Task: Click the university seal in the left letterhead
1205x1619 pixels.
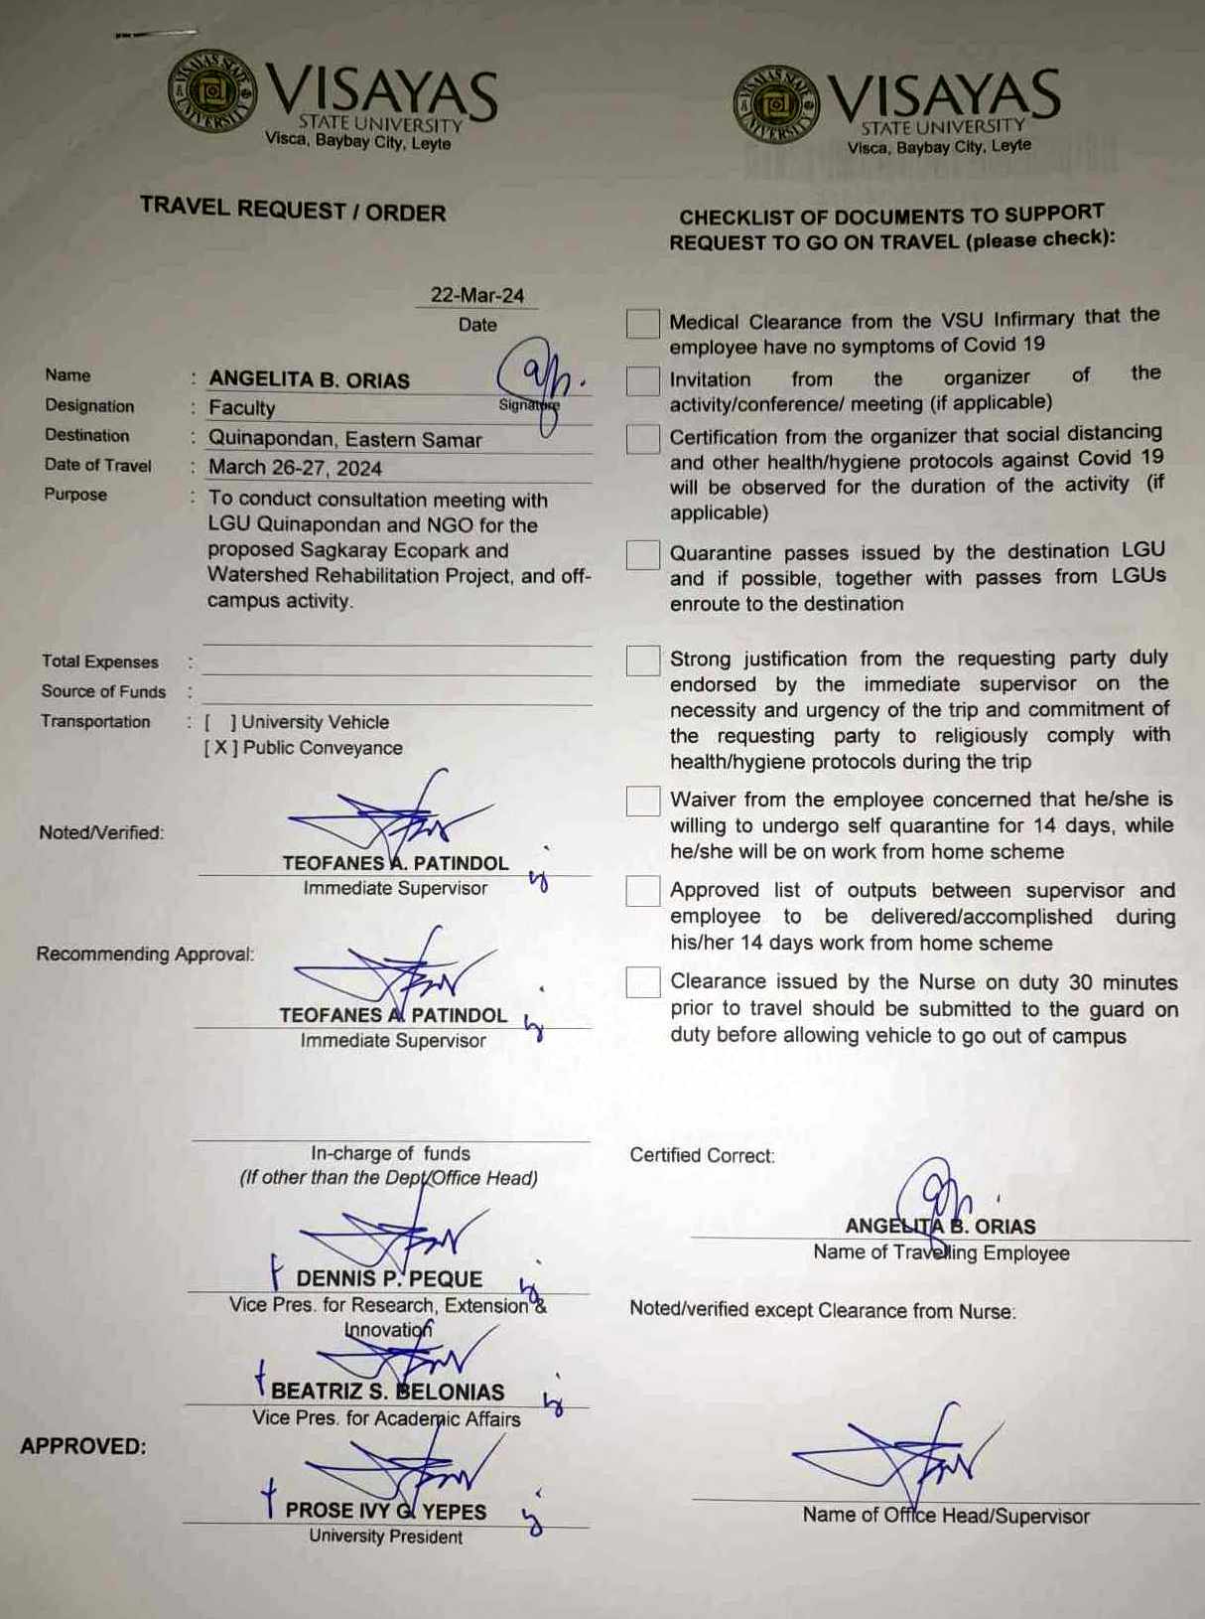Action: (x=210, y=92)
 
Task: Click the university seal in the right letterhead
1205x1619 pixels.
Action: (x=776, y=103)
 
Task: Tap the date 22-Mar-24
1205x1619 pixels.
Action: (x=476, y=295)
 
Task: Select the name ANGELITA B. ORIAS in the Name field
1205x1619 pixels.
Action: (x=309, y=380)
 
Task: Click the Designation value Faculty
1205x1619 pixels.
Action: (x=241, y=408)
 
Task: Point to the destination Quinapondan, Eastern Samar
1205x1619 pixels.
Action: (x=344, y=439)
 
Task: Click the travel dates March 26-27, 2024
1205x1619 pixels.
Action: (x=295, y=468)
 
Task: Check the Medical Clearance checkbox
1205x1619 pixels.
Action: (x=642, y=324)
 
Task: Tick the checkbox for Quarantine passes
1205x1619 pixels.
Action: (x=642, y=555)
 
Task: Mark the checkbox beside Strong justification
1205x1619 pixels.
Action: (x=642, y=661)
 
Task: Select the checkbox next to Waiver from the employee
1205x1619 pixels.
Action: (x=642, y=801)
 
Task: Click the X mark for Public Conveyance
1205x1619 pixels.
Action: (x=220, y=748)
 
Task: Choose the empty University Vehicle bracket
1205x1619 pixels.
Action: (x=220, y=722)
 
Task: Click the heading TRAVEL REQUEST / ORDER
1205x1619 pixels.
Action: (x=293, y=211)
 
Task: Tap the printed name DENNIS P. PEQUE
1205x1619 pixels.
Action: (x=389, y=1278)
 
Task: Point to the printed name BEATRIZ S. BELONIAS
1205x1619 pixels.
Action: (x=388, y=1392)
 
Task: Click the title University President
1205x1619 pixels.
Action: (x=385, y=1537)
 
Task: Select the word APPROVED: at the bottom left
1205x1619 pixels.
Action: (x=82, y=1446)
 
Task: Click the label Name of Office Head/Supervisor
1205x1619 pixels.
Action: (x=946, y=1516)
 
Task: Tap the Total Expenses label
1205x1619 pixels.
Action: (x=100, y=662)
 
